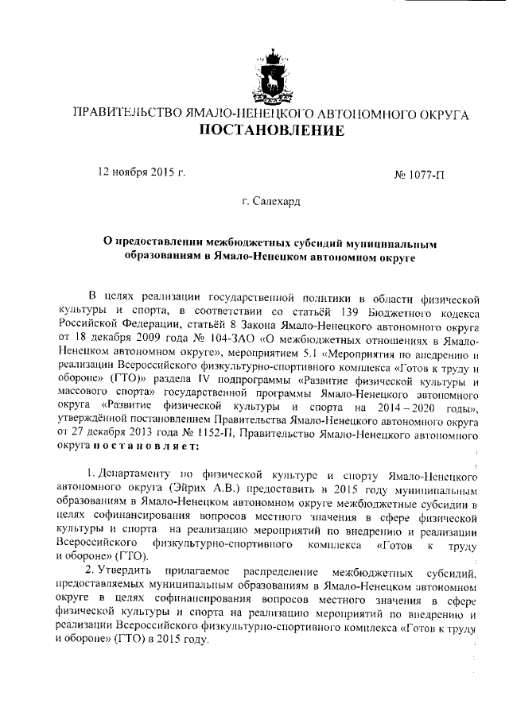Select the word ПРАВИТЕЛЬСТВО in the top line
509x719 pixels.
point(125,112)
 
